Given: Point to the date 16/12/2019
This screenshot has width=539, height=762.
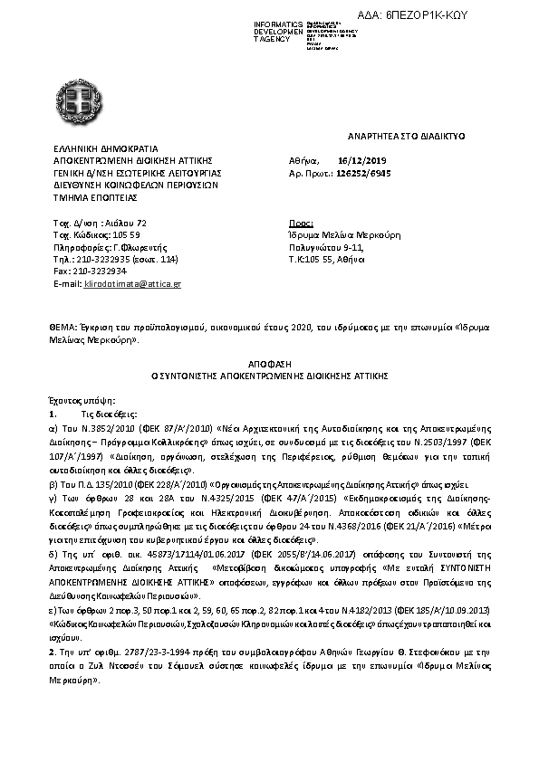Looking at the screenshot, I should click(x=356, y=158).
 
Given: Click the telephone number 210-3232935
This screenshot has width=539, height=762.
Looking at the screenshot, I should click(x=101, y=258).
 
